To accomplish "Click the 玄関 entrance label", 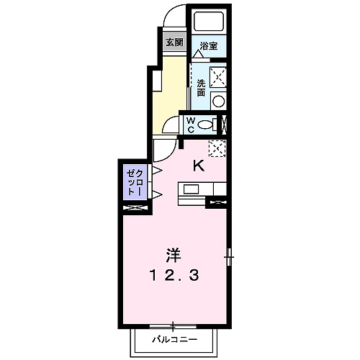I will click(174, 42).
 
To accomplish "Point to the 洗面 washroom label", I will click(201, 88).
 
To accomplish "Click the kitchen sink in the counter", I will click(192, 189).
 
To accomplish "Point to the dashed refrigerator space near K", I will click(217, 148).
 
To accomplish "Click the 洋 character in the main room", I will click(173, 255).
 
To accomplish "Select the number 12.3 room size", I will click(173, 274).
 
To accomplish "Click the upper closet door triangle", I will click(155, 171).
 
